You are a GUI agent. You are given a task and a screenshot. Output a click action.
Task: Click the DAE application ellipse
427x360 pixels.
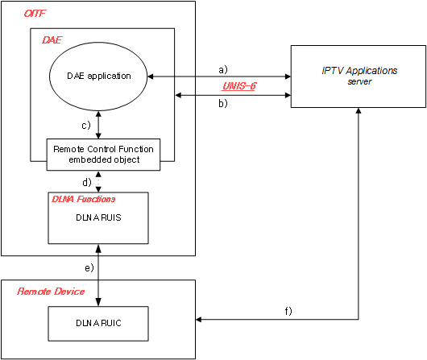(99, 77)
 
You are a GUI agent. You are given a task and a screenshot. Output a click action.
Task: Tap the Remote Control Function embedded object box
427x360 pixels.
(99, 154)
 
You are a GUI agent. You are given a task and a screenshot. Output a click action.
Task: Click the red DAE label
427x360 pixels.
(51, 38)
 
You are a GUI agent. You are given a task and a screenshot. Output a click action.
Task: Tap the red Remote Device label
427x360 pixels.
(51, 291)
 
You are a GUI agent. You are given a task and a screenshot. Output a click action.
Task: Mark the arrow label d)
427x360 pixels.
(86, 181)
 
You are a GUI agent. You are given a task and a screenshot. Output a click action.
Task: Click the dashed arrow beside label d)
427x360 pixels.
(99, 181)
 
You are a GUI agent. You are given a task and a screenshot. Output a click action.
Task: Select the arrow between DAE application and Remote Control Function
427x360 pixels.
(99, 124)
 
